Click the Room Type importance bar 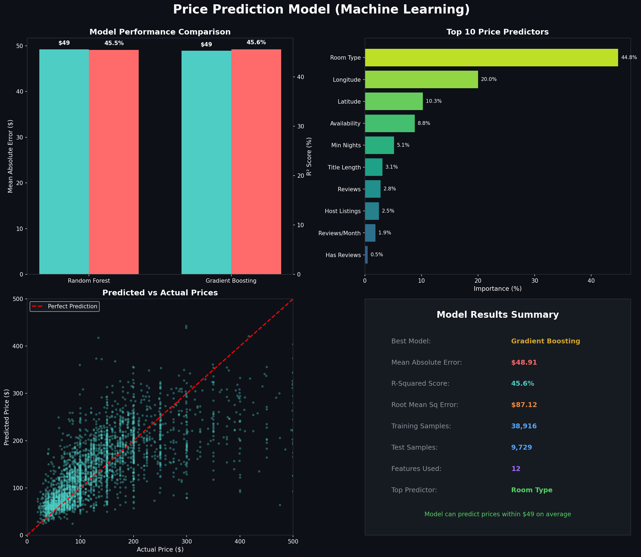[x=491, y=57]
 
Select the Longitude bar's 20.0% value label [x=489, y=80]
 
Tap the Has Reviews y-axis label [x=343, y=255]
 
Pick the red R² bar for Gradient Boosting [x=256, y=162]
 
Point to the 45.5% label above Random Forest [x=114, y=43]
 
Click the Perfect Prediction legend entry [x=65, y=306]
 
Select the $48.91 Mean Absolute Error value [x=524, y=363]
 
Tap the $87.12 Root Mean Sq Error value [x=524, y=405]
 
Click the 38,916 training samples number [x=524, y=426]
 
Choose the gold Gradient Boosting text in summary [x=545, y=341]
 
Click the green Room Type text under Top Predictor [x=532, y=490]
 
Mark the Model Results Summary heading [x=498, y=315]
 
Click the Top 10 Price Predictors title [x=497, y=32]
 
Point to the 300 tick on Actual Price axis [x=186, y=541]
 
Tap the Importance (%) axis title [x=497, y=289]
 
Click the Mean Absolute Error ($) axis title [x=11, y=156]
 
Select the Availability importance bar [x=389, y=123]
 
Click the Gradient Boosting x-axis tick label [x=231, y=281]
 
